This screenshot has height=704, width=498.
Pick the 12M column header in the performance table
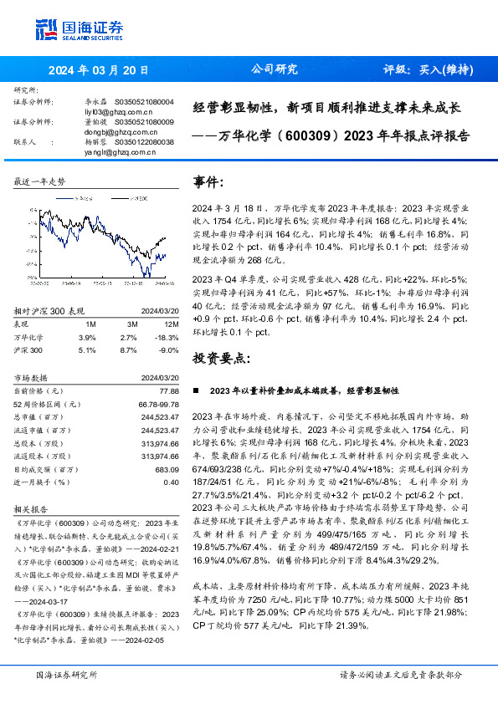(x=172, y=324)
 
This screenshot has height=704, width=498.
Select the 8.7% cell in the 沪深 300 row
(x=128, y=350)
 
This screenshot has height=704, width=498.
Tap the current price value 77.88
(x=168, y=390)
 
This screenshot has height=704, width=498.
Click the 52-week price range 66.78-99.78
(x=160, y=403)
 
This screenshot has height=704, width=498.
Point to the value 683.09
(x=167, y=470)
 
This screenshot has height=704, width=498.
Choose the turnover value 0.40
(x=171, y=482)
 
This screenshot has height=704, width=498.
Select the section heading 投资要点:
(x=222, y=358)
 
